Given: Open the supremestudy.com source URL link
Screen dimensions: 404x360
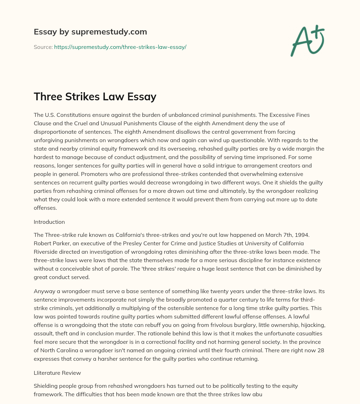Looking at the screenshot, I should [120, 47].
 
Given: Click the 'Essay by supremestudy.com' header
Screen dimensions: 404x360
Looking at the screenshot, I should [90, 32].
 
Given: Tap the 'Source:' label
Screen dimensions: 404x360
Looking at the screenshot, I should [43, 47].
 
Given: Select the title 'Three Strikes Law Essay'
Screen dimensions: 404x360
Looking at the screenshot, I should [95, 96].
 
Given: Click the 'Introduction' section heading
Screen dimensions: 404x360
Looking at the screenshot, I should [49, 222].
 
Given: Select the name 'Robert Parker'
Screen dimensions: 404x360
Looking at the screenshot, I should [51, 243].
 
